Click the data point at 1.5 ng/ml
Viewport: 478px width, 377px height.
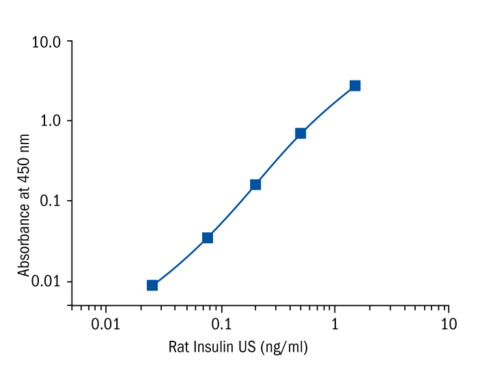[355, 86]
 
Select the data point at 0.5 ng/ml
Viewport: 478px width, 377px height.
[300, 133]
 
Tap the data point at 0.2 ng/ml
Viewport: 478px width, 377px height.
[255, 184]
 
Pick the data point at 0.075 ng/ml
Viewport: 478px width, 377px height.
[208, 238]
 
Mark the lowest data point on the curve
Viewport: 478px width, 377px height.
[152, 285]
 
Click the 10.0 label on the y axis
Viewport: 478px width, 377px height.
[47, 42]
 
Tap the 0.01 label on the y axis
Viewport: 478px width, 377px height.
[47, 281]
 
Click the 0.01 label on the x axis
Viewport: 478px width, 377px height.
[106, 322]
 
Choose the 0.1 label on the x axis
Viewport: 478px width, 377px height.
[221, 322]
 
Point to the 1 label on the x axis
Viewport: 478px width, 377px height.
[335, 322]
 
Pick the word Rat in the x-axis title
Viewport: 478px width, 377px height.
[178, 348]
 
